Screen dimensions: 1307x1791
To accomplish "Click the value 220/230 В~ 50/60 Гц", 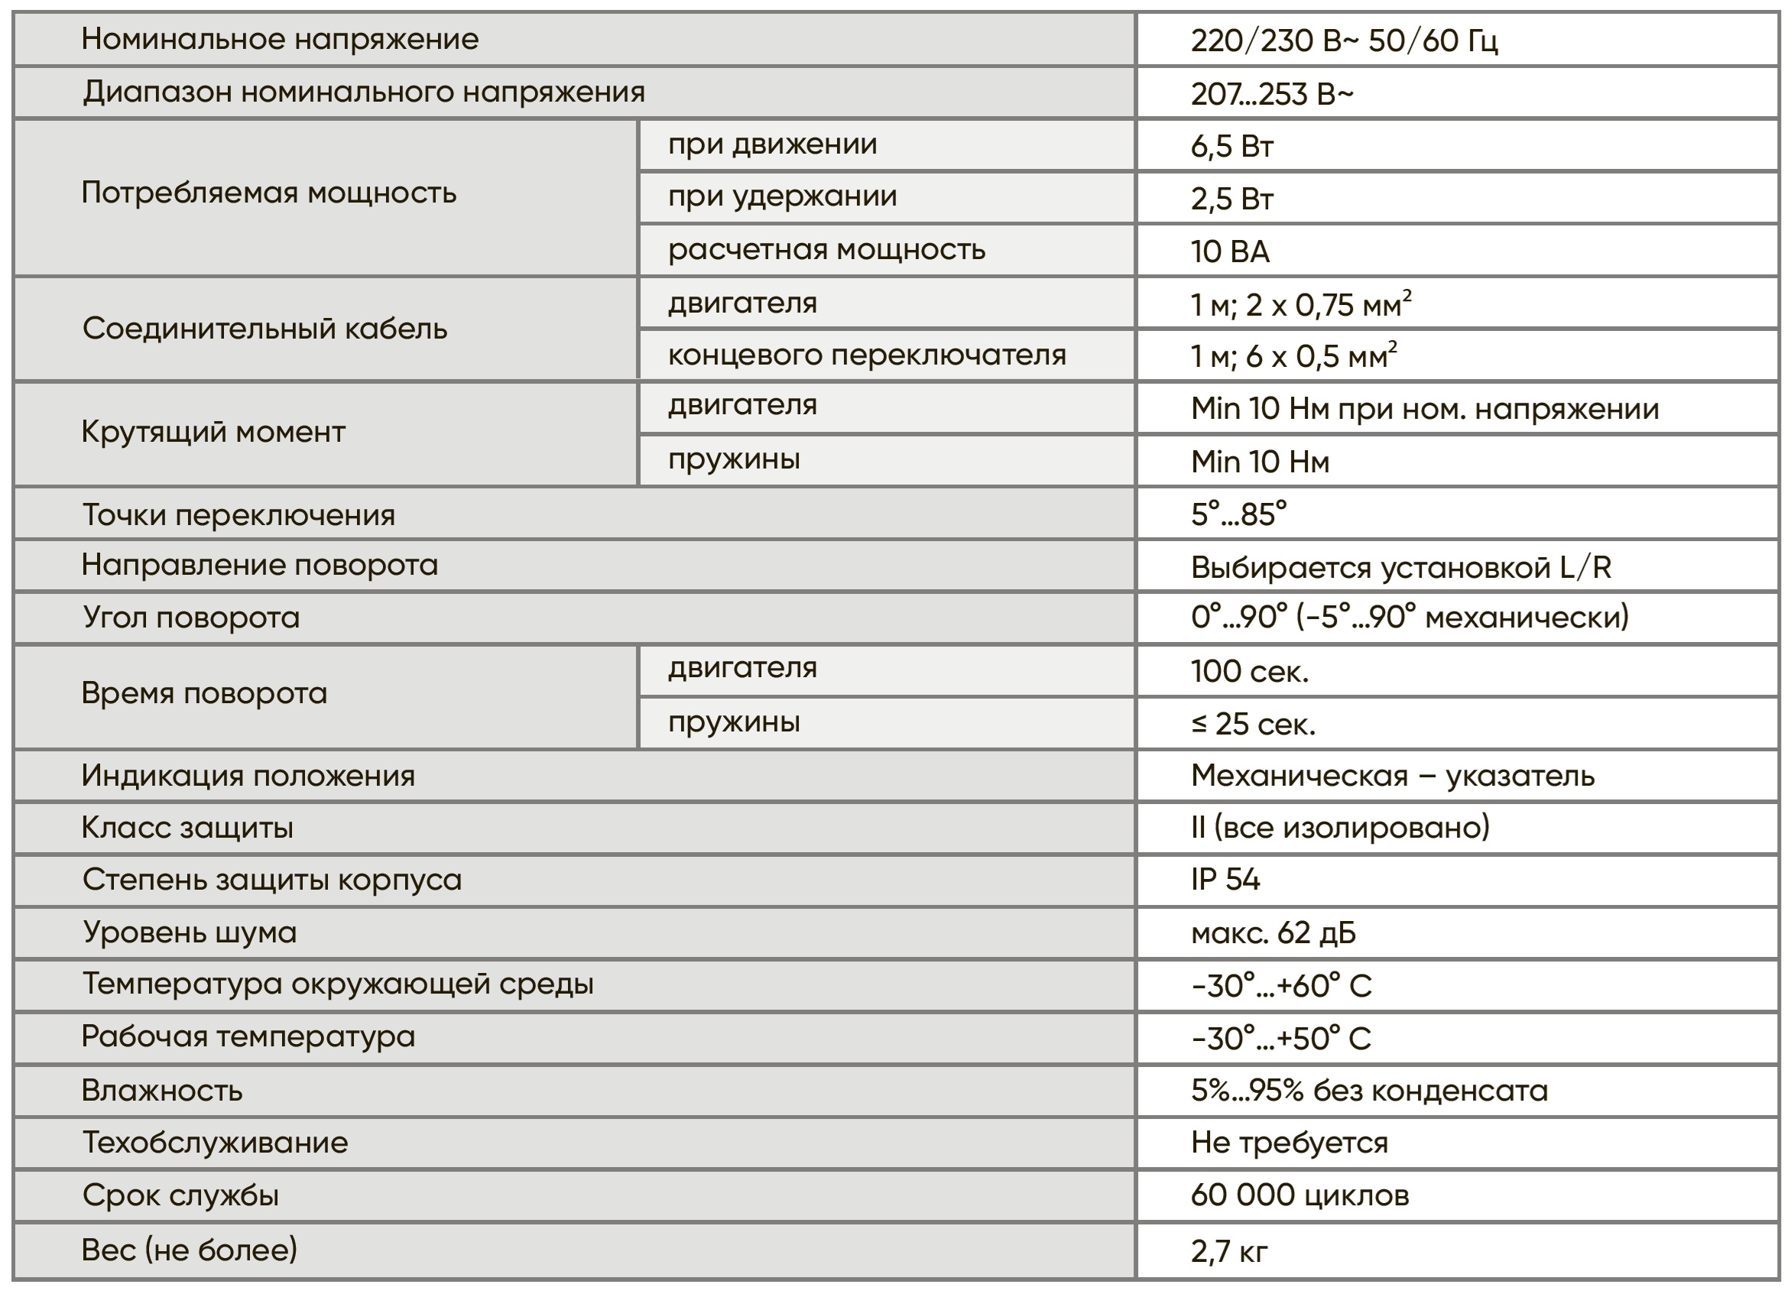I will click(1343, 41).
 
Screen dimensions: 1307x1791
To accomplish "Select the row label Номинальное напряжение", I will click(280, 39).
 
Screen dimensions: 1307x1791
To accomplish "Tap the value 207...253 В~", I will click(1271, 94).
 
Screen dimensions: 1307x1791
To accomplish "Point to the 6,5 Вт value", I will click(1231, 146).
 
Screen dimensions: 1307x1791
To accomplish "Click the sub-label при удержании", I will click(781, 196).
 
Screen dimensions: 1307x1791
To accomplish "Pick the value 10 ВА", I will click(1229, 251).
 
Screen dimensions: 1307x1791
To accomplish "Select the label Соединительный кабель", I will click(264, 329).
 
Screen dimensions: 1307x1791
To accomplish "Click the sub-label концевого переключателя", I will click(866, 355).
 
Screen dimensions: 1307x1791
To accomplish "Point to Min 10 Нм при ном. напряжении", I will click(1424, 409).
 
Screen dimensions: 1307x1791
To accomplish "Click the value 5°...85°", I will click(1238, 515).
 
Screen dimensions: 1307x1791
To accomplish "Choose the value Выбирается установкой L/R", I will click(1400, 567).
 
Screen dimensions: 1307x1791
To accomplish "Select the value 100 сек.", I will click(1249, 672).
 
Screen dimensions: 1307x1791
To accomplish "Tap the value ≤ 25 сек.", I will click(1253, 724).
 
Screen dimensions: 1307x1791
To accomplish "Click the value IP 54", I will click(1225, 880).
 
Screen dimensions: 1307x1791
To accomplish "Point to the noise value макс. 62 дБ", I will click(1273, 932).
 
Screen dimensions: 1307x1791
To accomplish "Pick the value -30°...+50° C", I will click(1280, 1038).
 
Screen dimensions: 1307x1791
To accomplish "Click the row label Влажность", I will click(162, 1091).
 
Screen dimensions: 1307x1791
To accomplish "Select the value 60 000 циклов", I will click(1299, 1195).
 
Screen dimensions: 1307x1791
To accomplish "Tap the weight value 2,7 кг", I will click(1228, 1251).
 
